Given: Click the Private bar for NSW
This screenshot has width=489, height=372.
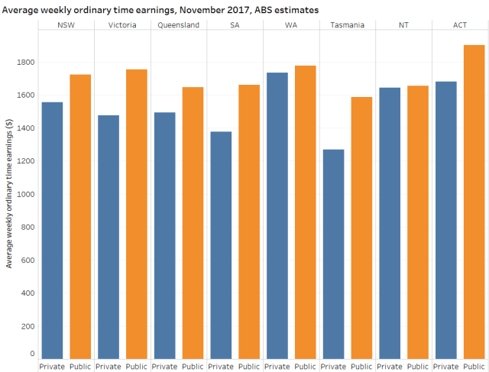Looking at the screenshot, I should point(52,230).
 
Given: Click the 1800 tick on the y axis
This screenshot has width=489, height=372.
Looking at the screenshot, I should point(25,63).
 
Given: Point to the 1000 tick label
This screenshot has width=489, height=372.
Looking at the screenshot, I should point(25,194).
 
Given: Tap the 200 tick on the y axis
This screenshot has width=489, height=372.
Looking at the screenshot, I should point(28,326).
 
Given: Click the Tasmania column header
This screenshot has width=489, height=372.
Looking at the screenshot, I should point(348,25).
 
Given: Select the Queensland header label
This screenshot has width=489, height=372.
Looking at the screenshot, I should point(179,25).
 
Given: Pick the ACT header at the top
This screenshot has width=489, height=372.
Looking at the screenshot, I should point(460,25).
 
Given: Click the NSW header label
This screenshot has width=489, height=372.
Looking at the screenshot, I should point(66,25).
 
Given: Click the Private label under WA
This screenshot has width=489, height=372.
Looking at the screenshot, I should point(277,366).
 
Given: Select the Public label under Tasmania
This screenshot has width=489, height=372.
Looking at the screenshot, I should point(361,366).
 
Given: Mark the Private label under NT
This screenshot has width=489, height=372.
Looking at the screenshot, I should point(390,366).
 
